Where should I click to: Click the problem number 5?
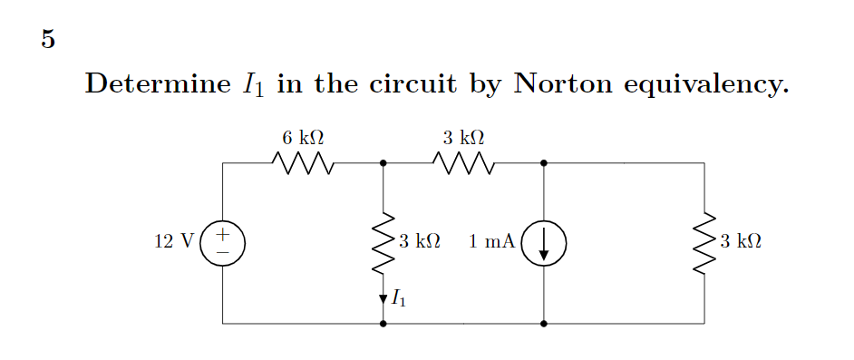click(x=48, y=40)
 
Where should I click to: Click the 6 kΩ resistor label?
click(x=303, y=138)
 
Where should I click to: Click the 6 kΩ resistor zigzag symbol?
click(x=303, y=164)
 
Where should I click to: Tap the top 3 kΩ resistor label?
click(x=463, y=138)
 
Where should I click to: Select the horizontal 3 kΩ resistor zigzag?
click(x=463, y=164)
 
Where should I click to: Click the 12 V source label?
click(x=174, y=242)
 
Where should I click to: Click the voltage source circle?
click(x=222, y=242)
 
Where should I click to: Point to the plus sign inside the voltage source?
click(x=222, y=234)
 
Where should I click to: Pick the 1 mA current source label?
click(x=492, y=242)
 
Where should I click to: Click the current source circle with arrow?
click(x=543, y=242)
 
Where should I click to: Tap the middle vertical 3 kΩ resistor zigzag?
click(x=383, y=242)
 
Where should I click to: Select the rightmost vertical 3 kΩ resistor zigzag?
click(x=704, y=242)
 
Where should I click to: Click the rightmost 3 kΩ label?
click(x=740, y=242)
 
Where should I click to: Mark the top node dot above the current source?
click(x=543, y=163)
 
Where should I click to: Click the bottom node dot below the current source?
click(x=543, y=323)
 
